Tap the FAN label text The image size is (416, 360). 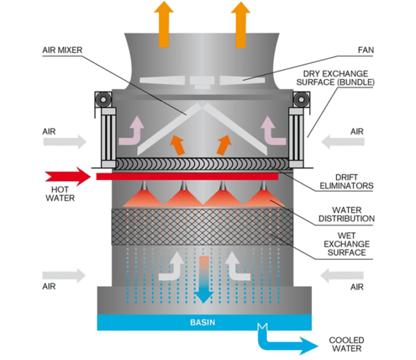coord(366,50)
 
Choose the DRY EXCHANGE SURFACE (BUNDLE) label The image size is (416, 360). coord(339,77)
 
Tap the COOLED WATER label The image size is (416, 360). coord(346,345)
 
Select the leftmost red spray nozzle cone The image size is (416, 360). coord(141,198)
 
